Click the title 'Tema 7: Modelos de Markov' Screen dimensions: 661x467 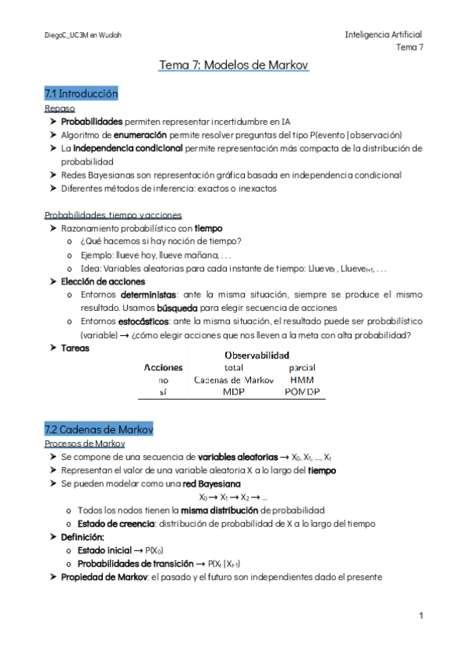(234, 66)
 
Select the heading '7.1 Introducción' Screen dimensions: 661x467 (81, 94)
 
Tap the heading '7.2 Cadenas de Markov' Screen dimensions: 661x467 (98, 429)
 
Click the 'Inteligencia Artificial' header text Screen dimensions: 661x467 (384, 35)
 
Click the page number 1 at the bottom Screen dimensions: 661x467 (420, 616)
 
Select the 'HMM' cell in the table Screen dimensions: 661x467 (301, 380)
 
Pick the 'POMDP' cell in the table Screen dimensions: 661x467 (301, 392)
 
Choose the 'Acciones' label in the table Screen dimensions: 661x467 (164, 366)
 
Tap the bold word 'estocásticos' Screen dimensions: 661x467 (143, 321)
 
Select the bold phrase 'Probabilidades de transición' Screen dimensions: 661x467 (129, 564)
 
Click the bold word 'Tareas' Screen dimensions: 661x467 (76, 347)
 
